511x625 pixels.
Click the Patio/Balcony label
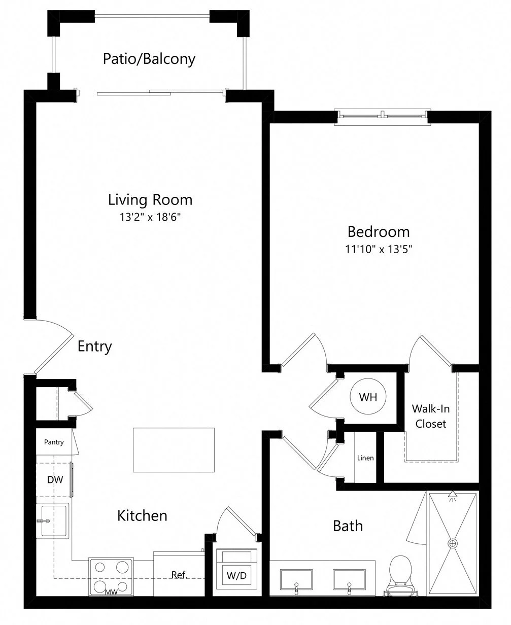tap(149, 59)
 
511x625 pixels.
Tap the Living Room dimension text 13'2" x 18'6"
tap(150, 217)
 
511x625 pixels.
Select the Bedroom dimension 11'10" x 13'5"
tap(379, 249)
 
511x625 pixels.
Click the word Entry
tap(94, 346)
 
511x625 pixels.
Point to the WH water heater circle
tap(368, 397)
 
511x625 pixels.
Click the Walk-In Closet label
tap(431, 416)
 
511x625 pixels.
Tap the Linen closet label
tap(365, 458)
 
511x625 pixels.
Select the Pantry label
tap(54, 442)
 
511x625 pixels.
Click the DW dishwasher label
tap(55, 480)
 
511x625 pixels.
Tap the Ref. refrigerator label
tap(179, 575)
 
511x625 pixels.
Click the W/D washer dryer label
tap(236, 576)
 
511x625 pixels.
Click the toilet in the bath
tap(400, 576)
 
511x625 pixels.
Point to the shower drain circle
tap(453, 543)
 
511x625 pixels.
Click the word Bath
tap(348, 526)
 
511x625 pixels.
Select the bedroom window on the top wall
tap(382, 117)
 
